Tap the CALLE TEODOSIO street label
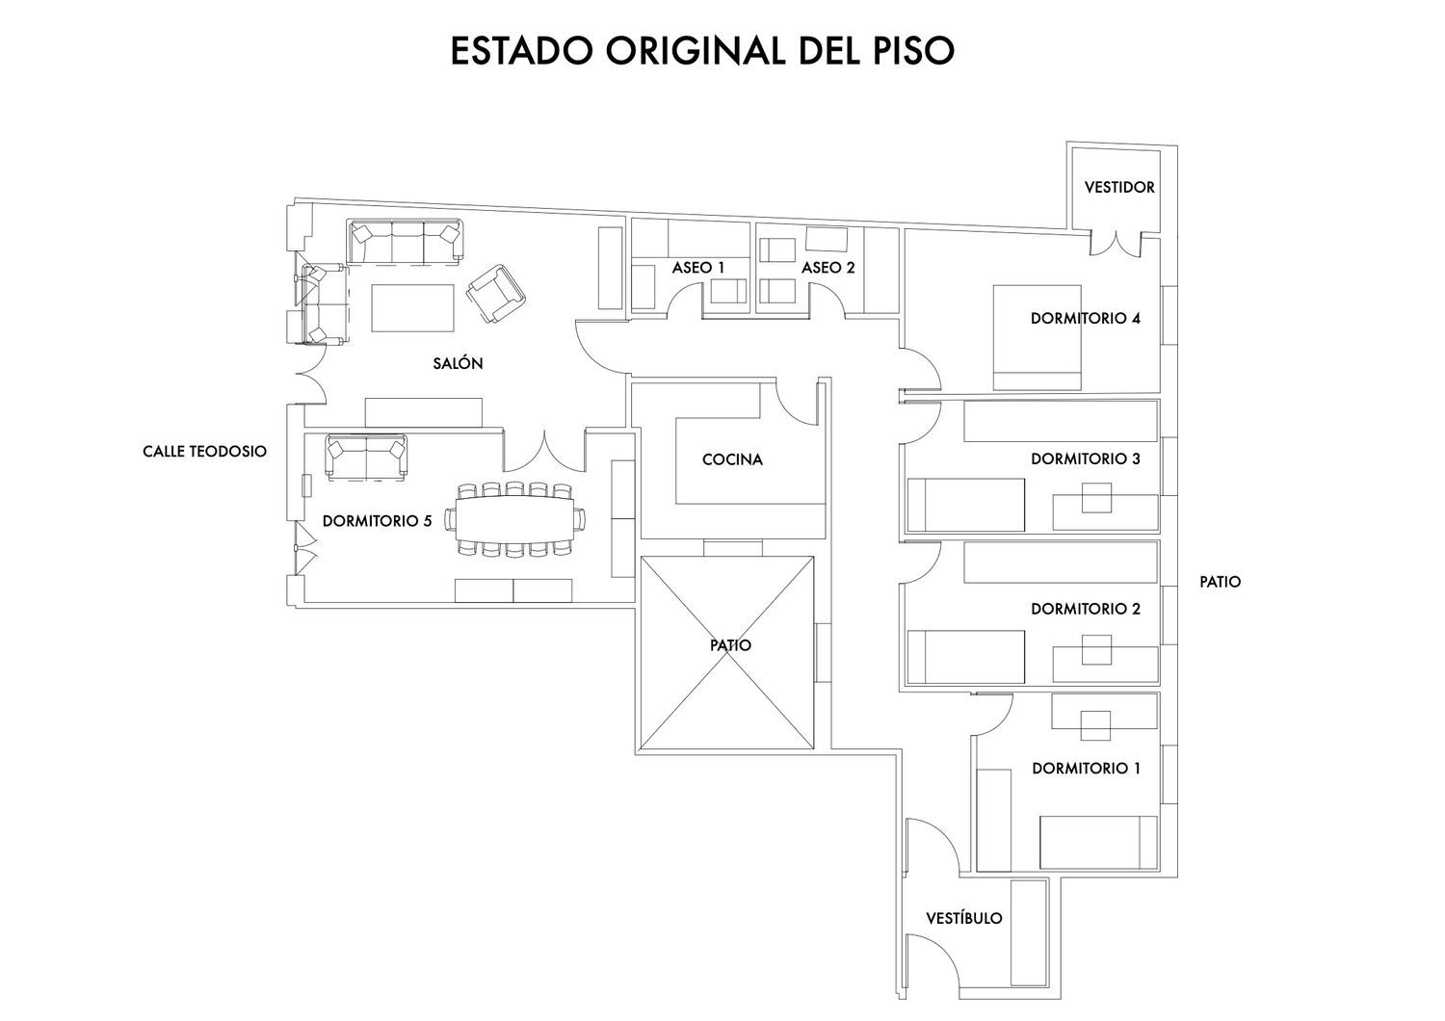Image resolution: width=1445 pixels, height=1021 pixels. [x=204, y=451]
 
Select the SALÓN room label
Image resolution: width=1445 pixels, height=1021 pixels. [x=458, y=364]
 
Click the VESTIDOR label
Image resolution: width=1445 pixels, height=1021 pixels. [x=1119, y=187]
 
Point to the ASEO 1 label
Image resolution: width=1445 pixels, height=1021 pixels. [x=698, y=267]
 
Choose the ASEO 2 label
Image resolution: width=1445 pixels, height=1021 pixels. [x=828, y=267]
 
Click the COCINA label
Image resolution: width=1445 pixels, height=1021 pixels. [x=732, y=459]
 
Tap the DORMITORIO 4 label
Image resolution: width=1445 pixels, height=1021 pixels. [x=1086, y=318]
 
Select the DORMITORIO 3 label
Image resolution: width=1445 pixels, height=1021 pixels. [x=1086, y=459]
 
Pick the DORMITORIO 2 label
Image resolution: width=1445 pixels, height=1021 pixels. [x=1086, y=609]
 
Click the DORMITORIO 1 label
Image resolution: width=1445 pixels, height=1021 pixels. [x=1086, y=769]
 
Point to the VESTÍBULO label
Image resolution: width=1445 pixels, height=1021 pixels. [x=963, y=918]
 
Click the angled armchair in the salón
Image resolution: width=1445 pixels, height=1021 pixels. [x=496, y=292]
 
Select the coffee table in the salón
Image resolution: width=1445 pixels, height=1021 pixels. [x=412, y=306]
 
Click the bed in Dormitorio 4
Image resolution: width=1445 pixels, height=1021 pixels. [x=1037, y=336]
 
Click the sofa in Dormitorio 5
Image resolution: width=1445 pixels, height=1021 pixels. [x=366, y=456]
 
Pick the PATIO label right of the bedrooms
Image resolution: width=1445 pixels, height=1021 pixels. [x=1220, y=582]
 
